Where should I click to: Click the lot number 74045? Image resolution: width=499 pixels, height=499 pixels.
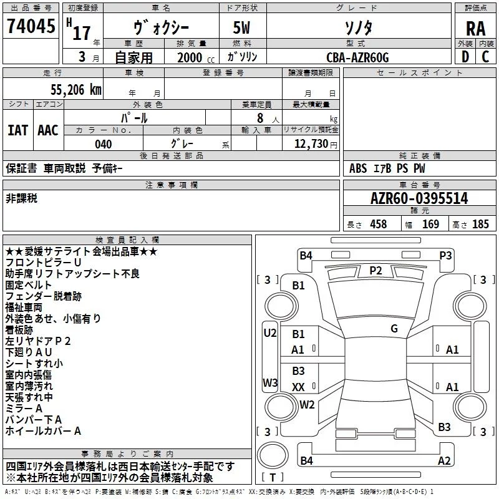pos(31,26)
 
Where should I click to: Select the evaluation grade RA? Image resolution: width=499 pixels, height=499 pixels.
pos(475,29)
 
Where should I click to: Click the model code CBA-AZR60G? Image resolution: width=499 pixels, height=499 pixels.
pos(357,57)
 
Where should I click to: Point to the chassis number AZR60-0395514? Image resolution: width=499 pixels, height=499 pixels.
pos(419,199)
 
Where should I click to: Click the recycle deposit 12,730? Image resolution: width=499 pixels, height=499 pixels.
pos(311,144)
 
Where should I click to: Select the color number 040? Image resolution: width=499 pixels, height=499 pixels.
pos(103,144)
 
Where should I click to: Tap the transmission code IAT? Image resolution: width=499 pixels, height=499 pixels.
pos(17,130)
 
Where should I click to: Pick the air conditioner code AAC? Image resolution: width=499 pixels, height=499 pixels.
pos(48,130)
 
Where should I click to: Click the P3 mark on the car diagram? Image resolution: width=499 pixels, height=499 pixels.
pos(445,255)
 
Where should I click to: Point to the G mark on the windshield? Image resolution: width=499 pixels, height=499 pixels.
pos(394,328)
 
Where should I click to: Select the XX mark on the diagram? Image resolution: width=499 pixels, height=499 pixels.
pos(298,387)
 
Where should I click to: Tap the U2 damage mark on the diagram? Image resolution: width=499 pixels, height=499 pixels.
pos(270,333)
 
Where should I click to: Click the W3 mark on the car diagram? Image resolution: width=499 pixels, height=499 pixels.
pos(270,382)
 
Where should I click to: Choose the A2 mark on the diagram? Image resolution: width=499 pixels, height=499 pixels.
pos(444,461)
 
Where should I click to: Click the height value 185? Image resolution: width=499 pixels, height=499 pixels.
pos(480,225)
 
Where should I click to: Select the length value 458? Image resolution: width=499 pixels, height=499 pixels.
pos(377,225)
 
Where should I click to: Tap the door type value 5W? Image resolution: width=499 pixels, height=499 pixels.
pos(242,29)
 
